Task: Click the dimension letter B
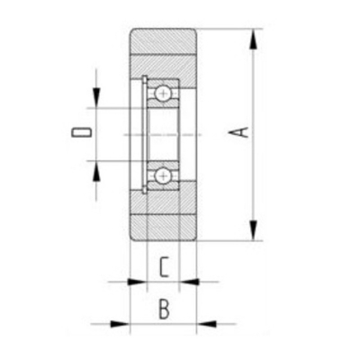click(x=164, y=309)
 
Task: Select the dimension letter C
click(x=164, y=266)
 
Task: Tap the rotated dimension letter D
click(x=81, y=132)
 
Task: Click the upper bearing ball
click(x=163, y=93)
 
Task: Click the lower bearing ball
click(x=163, y=175)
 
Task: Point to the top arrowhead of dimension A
click(x=254, y=39)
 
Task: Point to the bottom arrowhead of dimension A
click(x=254, y=230)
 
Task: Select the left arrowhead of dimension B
click(x=121, y=324)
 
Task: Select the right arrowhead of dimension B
click(x=206, y=324)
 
